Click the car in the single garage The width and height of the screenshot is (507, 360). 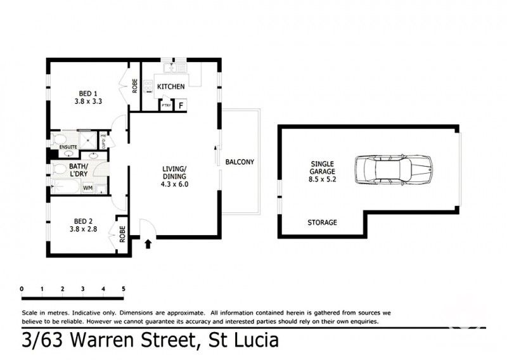[393, 171]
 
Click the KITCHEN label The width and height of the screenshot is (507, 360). [170, 86]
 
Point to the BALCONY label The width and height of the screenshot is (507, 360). [240, 162]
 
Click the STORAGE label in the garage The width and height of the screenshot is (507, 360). [322, 222]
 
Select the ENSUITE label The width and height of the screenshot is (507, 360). [68, 148]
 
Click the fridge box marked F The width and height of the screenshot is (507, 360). [181, 105]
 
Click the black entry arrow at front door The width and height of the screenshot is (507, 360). [148, 243]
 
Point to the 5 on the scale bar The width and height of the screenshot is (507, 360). [124, 289]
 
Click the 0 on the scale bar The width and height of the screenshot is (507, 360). [22, 289]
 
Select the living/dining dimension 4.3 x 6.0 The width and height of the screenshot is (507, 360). [174, 184]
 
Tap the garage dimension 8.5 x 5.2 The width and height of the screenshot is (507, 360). [323, 179]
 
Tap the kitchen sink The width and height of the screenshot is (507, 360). [171, 67]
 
